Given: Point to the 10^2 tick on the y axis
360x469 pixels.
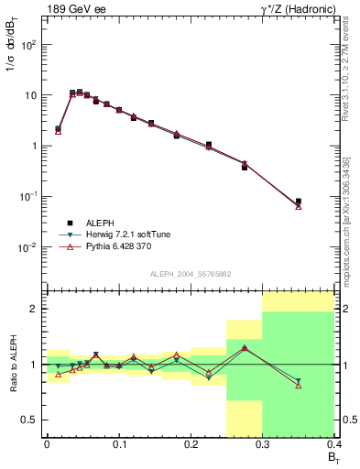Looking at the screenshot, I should [29, 45].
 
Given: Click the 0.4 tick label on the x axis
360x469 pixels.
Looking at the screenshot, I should [334, 444].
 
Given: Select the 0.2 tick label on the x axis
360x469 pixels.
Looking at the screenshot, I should [191, 444].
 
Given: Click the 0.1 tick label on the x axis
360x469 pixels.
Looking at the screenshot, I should [118, 444].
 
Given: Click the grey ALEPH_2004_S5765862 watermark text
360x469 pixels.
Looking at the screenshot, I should [191, 274].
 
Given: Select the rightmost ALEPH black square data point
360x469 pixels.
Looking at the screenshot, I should [298, 202].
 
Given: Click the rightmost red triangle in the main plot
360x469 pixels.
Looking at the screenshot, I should [298, 206].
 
